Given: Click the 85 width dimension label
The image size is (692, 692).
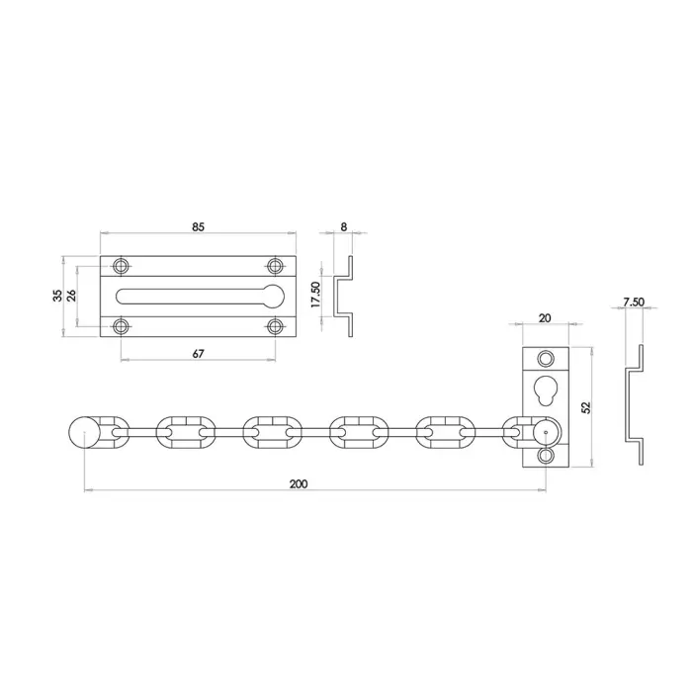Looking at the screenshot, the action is pyautogui.click(x=198, y=226).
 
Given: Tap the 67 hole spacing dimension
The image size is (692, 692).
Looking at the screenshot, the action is pyautogui.click(x=198, y=354).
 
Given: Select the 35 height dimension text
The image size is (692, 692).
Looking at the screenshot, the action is pyautogui.click(x=57, y=296).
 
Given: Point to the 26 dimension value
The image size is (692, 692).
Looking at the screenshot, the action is pyautogui.click(x=71, y=296).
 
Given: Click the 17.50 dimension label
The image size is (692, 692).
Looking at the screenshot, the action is pyautogui.click(x=316, y=295).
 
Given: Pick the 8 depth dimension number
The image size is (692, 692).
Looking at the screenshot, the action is pyautogui.click(x=344, y=226).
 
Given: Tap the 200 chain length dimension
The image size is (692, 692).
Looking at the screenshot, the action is pyautogui.click(x=299, y=483).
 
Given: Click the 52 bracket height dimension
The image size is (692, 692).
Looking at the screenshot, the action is pyautogui.click(x=586, y=407).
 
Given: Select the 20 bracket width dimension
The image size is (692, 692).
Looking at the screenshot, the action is pyautogui.click(x=545, y=317).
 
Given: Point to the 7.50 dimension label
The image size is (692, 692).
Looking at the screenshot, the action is pyautogui.click(x=634, y=302).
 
